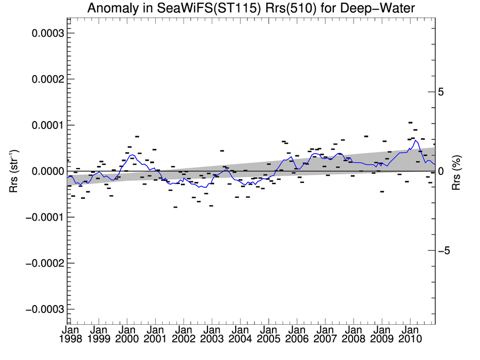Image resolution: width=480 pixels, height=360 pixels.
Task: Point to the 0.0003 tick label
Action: click(47, 33)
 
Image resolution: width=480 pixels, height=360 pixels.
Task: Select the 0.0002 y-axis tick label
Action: click(47, 79)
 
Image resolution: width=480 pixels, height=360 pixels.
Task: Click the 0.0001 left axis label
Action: click(47, 125)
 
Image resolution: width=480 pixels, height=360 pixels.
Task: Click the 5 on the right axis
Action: click(441, 92)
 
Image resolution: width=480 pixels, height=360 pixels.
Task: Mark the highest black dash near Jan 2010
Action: click(410, 123)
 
